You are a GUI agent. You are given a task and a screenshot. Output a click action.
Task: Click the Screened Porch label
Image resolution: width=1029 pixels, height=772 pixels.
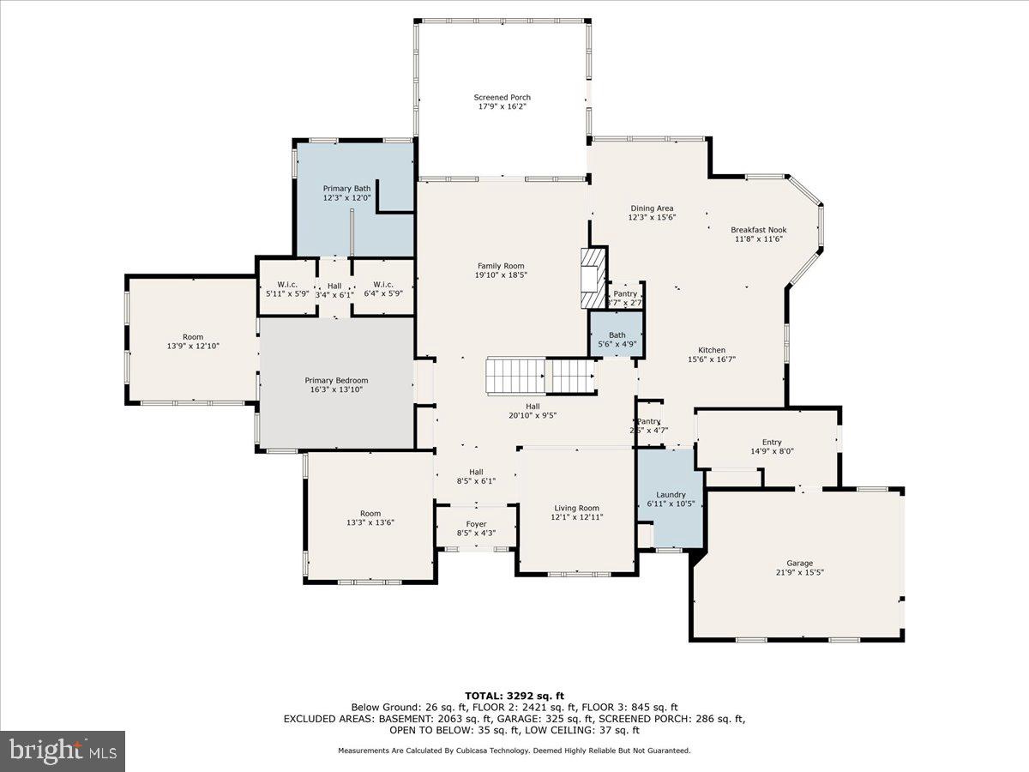pos(502,98)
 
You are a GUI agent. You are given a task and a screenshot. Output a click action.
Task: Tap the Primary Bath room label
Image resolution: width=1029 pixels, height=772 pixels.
pos(346,189)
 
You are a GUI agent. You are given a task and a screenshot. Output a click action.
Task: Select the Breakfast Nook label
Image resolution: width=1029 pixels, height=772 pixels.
pos(758,230)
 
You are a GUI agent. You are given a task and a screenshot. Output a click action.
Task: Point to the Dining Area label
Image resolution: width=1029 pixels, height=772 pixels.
pos(652,208)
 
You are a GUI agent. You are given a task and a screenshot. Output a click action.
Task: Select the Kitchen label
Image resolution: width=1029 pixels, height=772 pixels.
pos(712,350)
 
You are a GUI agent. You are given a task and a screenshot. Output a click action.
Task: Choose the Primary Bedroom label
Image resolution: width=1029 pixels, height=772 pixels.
pos(336,381)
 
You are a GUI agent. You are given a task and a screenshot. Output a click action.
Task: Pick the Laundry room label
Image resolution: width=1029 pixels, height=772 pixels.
pos(671,495)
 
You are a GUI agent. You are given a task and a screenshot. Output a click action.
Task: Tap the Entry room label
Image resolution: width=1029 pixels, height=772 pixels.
pos(766,443)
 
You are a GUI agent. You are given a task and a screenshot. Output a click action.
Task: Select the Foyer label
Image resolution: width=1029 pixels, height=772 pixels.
pos(476,524)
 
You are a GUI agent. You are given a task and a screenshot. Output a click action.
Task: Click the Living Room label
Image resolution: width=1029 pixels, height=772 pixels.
pos(576,509)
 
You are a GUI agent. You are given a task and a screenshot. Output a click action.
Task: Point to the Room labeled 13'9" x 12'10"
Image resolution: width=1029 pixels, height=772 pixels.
pos(192,337)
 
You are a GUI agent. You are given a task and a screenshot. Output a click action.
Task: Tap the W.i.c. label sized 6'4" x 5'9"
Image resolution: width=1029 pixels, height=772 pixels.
pos(382,286)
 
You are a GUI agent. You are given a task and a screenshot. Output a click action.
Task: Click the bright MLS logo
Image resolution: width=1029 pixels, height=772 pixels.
pos(63,751)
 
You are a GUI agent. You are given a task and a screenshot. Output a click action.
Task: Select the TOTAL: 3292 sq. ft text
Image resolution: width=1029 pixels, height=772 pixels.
pos(514,696)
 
